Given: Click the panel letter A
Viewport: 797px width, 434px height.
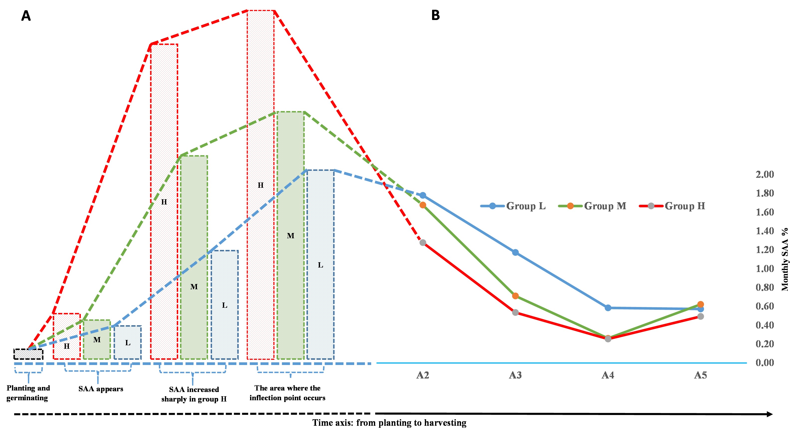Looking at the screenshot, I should (26, 16).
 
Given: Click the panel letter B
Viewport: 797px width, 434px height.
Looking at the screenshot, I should (435, 15).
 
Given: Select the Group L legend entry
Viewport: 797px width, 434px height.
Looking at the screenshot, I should (514, 206).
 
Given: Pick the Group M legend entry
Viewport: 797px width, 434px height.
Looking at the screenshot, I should (593, 206).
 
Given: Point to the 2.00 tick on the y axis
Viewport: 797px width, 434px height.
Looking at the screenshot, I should (765, 174).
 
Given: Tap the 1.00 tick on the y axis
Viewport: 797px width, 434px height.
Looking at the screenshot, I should (765, 268).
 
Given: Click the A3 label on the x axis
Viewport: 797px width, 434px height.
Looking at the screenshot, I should (515, 375).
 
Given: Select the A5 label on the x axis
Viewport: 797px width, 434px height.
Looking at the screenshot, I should (700, 375).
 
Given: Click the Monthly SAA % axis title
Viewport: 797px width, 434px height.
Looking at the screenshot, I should (785, 259).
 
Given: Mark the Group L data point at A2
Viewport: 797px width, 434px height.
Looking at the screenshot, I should (423, 195).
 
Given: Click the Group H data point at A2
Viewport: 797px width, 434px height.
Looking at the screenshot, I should (423, 243).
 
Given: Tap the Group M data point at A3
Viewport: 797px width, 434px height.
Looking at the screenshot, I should (515, 296).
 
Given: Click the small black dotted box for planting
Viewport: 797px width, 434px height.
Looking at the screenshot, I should (28, 354).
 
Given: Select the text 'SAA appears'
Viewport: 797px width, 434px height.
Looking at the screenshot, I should (101, 389).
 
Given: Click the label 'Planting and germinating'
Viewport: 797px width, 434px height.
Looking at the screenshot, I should (28, 393).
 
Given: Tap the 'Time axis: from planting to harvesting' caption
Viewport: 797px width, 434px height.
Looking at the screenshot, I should (389, 423).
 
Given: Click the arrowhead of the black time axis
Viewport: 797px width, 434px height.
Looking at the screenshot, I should (770, 414).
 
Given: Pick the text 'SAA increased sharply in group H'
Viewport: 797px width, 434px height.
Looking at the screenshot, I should (194, 394).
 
